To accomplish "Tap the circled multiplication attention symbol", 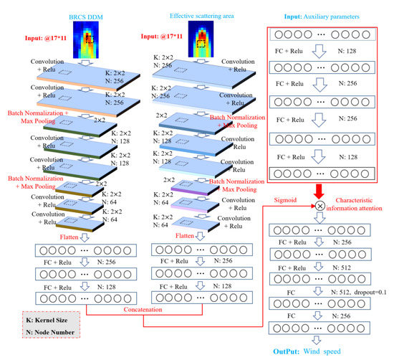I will click(x=319, y=207).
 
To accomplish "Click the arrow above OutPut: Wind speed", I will click(x=319, y=338).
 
